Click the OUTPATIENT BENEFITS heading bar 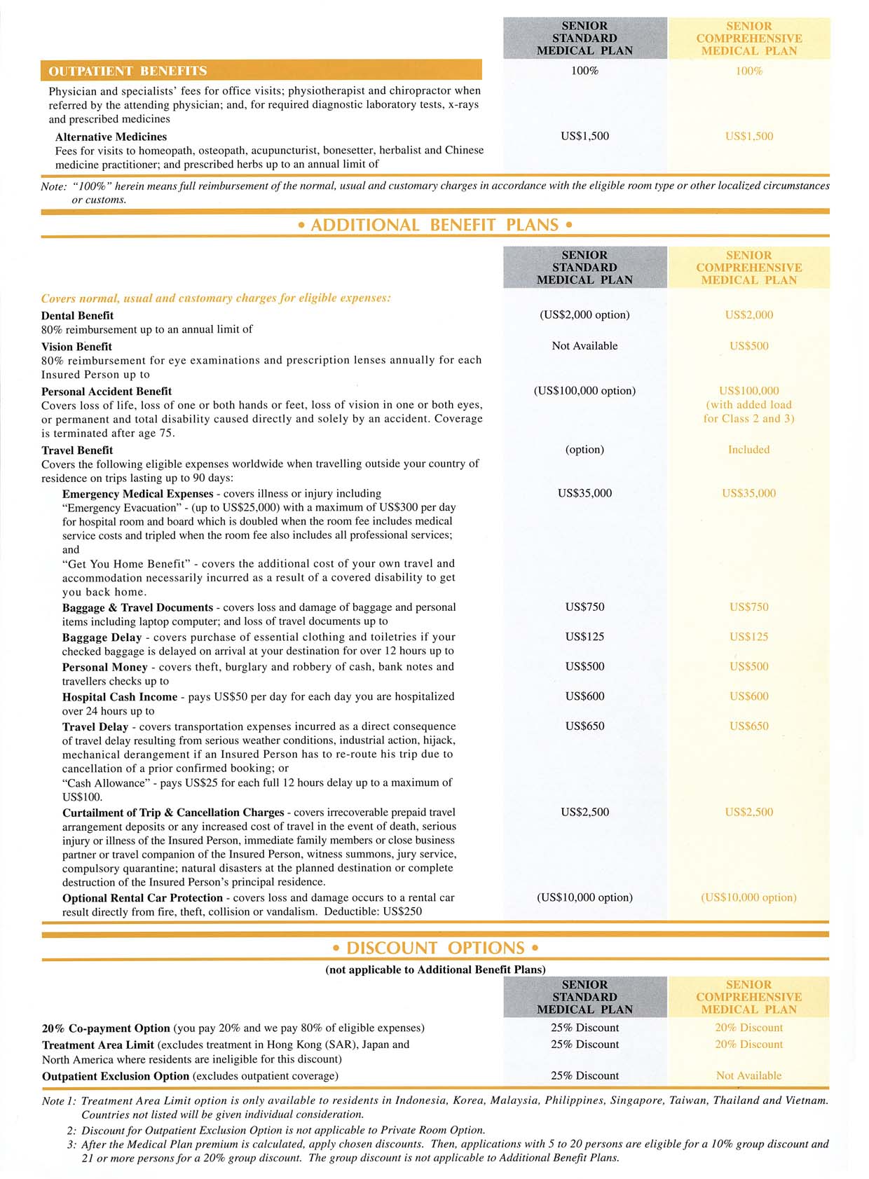click(261, 71)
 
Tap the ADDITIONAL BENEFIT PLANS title click(434, 225)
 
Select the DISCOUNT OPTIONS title click(434, 948)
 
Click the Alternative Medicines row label click(111, 137)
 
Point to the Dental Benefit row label click(77, 315)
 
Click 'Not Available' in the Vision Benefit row click(584, 346)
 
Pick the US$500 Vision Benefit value click(748, 346)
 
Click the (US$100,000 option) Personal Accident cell click(584, 391)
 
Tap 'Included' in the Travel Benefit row click(748, 450)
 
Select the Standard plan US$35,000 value click(584, 493)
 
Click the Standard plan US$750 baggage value click(584, 607)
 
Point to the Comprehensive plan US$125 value click(748, 637)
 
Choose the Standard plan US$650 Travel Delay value click(584, 726)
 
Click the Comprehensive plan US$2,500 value click(748, 813)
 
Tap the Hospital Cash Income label click(120, 697)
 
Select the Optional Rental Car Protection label click(142, 898)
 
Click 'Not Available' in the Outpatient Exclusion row click(748, 1075)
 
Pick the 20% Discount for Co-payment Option click(748, 1028)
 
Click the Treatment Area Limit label click(98, 1044)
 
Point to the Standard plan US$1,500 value click(584, 137)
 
